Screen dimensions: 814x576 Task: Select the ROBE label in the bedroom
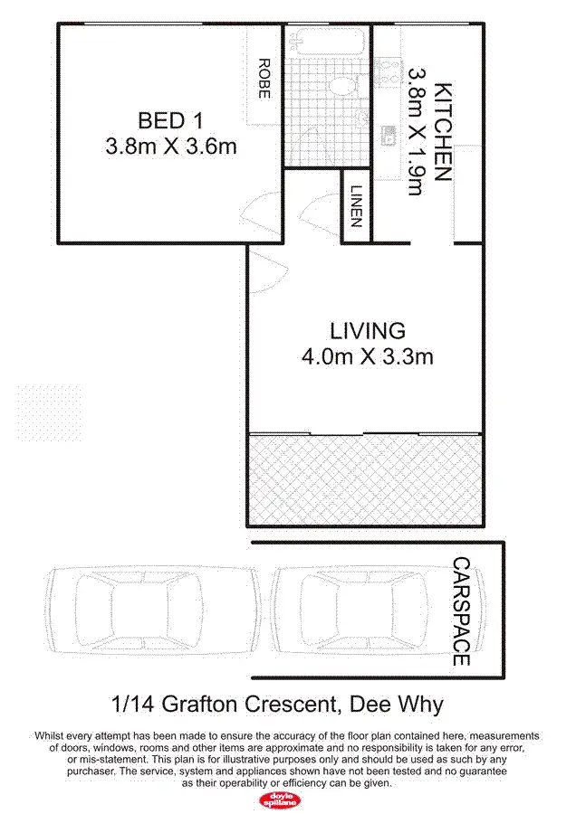(264, 80)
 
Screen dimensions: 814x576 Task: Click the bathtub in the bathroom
(330, 42)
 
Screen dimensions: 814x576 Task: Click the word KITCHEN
(443, 132)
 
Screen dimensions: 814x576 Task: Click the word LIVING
(367, 330)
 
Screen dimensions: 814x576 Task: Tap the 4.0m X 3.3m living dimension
(367, 356)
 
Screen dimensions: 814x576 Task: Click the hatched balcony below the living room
(365, 479)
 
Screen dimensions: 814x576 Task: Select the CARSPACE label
(461, 612)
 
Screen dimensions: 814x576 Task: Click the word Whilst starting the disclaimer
(51, 736)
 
